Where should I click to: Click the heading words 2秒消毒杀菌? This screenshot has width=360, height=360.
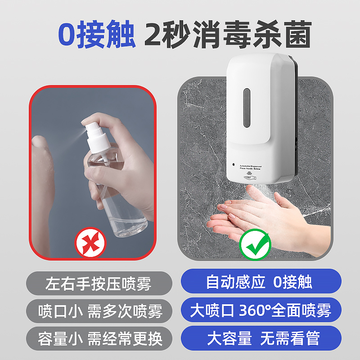click(228, 36)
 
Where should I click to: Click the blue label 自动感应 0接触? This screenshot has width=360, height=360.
click(260, 282)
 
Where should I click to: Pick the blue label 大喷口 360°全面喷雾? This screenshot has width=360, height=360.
click(261, 310)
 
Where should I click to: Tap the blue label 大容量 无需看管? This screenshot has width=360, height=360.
click(260, 338)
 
